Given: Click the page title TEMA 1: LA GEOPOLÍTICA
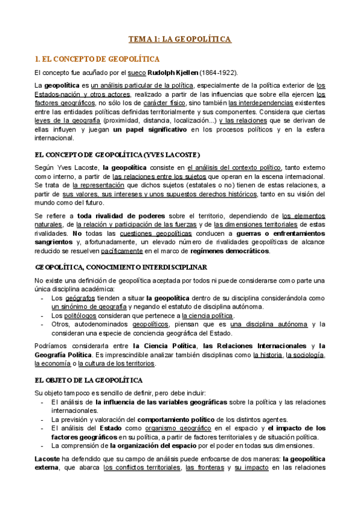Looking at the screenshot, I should point(180,39).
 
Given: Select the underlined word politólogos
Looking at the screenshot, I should point(80,315).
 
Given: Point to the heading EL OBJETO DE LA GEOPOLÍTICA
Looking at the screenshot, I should point(89,380).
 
